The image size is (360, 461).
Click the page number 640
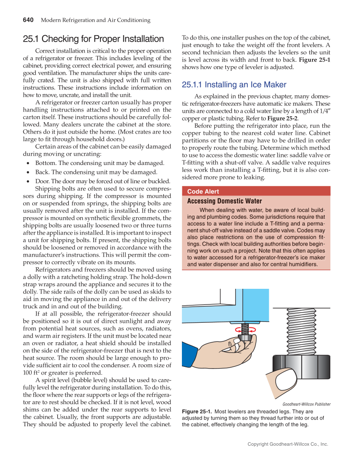tap(28, 20)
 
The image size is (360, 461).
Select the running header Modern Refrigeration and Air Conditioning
tap(95, 20)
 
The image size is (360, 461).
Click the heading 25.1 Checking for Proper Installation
tap(93, 39)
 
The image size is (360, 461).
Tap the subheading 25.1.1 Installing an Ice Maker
tap(234, 85)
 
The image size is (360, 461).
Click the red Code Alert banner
tap(256, 192)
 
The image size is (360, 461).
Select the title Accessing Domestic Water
tap(224, 201)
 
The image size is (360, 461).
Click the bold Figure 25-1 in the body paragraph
tap(314, 60)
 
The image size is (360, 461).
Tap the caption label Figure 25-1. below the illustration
tap(197, 411)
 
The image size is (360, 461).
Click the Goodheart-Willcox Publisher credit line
tap(306, 404)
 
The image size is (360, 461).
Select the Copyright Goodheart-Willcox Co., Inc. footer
tap(288, 444)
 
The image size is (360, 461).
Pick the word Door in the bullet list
tap(42, 181)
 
